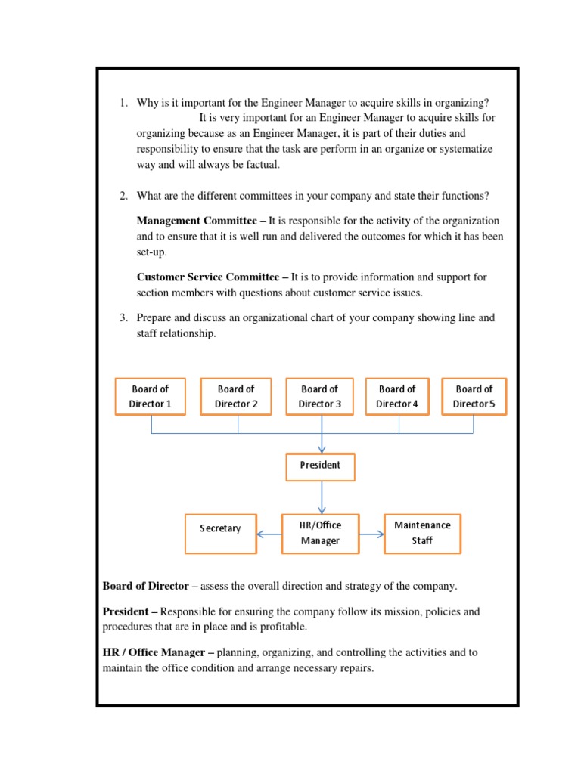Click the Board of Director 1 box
(150, 397)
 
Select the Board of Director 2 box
(236, 397)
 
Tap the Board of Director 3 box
(320, 397)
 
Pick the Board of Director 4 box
(397, 397)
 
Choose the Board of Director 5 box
(474, 397)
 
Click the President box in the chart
(320, 466)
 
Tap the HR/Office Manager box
(320, 533)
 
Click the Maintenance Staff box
(422, 533)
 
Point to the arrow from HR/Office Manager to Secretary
(269, 534)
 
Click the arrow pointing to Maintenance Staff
(371, 534)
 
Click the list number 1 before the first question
(123, 103)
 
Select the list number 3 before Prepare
(123, 318)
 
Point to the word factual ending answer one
(259, 165)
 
